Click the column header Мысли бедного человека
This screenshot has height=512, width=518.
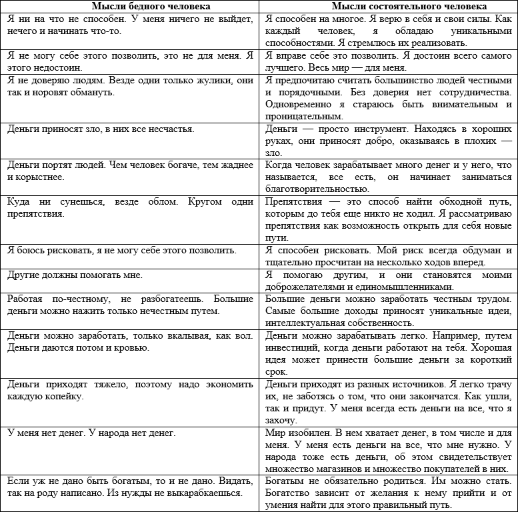[129, 6]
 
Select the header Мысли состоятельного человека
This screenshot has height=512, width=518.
[388, 6]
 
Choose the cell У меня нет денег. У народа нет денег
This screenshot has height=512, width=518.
[91, 433]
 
